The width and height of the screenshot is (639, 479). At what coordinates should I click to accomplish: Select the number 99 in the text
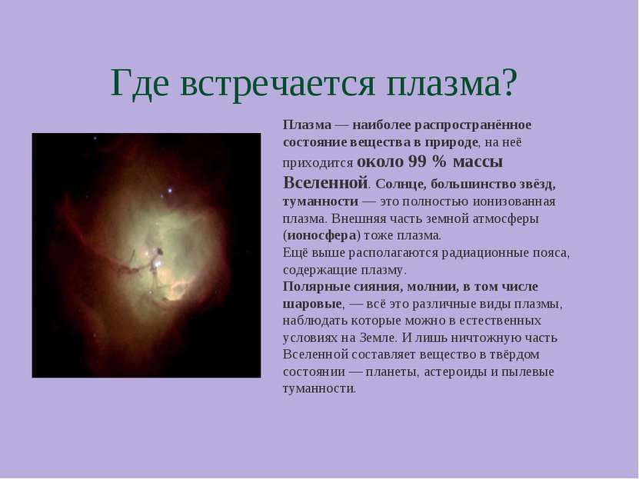point(417,161)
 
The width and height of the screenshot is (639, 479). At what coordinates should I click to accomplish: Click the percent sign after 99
point(439,161)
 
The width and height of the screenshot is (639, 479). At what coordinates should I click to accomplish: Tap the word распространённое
point(473,125)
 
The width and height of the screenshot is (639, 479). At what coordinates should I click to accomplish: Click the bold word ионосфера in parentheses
point(322,236)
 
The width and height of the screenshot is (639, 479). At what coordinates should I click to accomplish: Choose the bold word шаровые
point(312,304)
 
